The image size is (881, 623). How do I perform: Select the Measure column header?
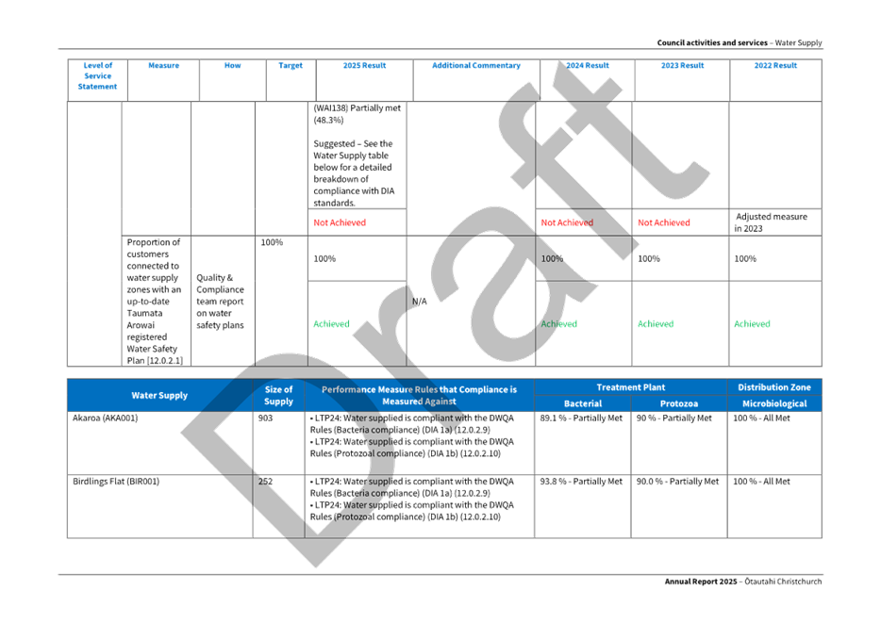tap(158, 66)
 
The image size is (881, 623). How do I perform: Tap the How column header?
tap(232, 66)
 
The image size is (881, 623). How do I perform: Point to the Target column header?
tap(291, 66)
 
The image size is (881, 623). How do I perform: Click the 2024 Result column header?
tap(587, 66)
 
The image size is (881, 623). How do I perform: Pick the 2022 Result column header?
tap(775, 66)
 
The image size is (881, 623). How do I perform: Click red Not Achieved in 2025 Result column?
tap(340, 223)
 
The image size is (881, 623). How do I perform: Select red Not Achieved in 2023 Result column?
tap(663, 223)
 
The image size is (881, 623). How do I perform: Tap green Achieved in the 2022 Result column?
tap(752, 323)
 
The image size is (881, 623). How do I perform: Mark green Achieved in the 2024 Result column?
tap(558, 323)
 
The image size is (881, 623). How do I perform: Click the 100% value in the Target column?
tap(272, 242)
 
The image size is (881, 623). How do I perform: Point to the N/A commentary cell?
tap(421, 302)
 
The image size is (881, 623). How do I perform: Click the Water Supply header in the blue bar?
tap(159, 395)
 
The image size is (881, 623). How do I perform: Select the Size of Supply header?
tap(278, 395)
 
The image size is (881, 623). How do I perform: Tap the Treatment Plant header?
tap(630, 387)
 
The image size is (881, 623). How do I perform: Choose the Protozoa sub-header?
tap(678, 403)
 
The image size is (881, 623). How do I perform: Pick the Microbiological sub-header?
tap(773, 403)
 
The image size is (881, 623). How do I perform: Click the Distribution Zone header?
tap(773, 387)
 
